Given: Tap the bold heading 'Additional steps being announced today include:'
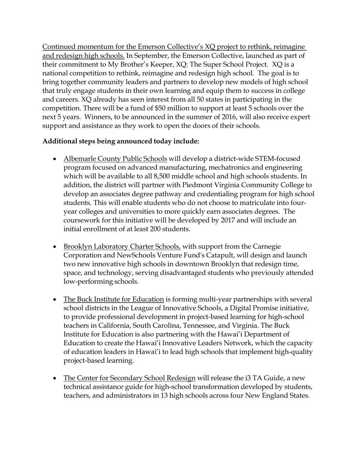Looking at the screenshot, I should click(x=121, y=141).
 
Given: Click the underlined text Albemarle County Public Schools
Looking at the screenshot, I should click(x=115, y=159).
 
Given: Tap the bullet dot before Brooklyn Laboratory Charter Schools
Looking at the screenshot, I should click(x=55, y=247).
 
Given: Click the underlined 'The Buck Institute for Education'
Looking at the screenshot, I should click(x=114, y=299).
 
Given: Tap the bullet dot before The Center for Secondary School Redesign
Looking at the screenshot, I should click(x=55, y=378).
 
